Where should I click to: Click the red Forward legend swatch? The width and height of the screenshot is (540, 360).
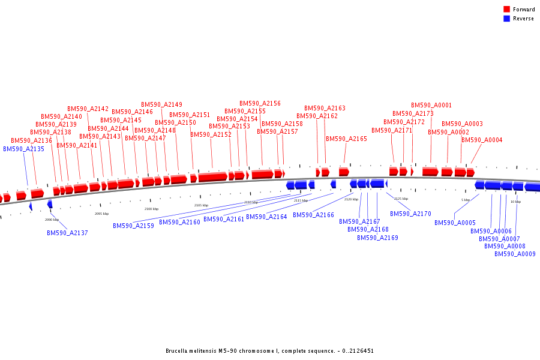pos(506,10)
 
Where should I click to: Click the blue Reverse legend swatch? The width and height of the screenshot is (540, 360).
pos(506,19)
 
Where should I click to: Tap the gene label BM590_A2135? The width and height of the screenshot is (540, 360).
pos(23,149)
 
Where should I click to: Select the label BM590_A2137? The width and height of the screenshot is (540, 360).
pos(67,233)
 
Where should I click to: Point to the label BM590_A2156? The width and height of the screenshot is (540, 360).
pos(260,103)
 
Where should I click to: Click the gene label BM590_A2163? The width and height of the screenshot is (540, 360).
pos(325,108)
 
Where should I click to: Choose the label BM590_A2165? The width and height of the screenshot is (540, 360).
pos(346,139)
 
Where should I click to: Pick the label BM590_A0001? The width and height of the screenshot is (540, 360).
pos(431,105)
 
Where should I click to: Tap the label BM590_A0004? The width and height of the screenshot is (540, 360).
pos(482,140)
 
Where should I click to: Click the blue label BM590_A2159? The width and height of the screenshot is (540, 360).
pos(133,226)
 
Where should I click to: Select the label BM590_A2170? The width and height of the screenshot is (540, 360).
pos(410,214)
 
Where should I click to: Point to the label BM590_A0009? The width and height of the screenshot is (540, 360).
pos(515,254)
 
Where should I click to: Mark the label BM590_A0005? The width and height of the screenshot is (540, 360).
pos(455,223)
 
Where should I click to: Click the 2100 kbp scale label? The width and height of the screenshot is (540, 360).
pos(151,209)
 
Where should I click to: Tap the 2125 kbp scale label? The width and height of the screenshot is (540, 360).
pos(401,199)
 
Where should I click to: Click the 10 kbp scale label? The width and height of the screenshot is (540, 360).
pos(515,202)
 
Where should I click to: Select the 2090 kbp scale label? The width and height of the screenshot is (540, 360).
pos(52,220)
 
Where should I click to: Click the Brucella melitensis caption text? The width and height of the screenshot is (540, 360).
pos(269,351)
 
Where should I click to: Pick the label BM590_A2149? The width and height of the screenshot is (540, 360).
pos(161,104)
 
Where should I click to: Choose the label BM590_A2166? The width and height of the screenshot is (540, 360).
pos(313,215)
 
